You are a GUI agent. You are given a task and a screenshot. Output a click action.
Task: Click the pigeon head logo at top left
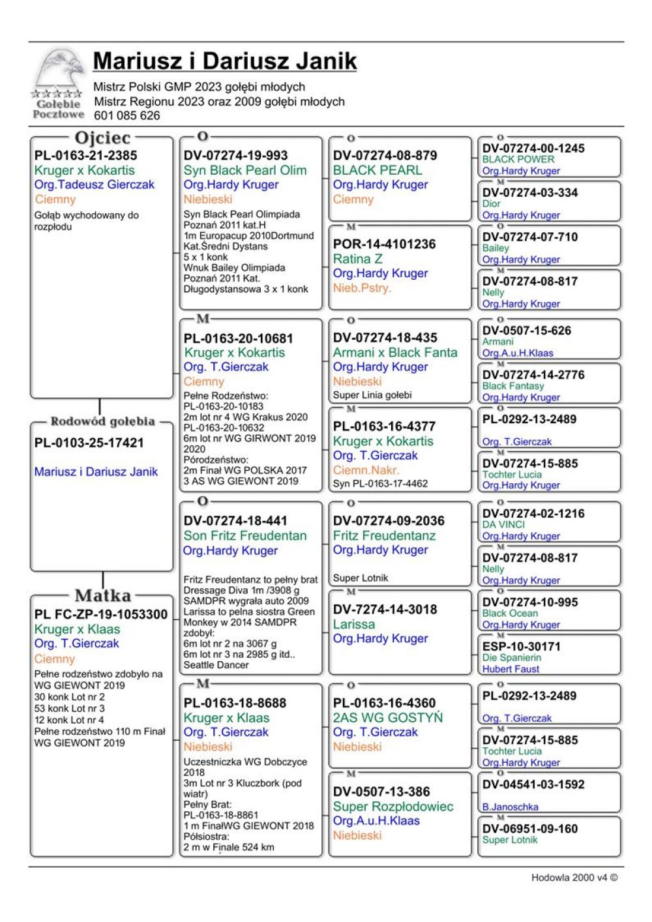tap(58, 72)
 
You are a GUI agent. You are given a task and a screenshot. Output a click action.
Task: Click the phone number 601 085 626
tap(126, 116)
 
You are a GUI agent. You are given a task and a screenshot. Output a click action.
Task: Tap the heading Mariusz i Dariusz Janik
tap(225, 61)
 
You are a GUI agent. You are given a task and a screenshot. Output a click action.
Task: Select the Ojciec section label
tap(102, 138)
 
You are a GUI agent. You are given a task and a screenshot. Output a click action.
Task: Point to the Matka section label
tap(102, 595)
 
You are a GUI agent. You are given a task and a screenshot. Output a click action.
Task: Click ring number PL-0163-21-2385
tap(85, 156)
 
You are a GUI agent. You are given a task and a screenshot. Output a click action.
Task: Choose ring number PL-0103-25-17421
tap(89, 443)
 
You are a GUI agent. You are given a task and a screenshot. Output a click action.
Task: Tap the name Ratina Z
tap(357, 259)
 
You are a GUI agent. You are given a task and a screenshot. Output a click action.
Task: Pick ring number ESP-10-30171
tap(521, 646)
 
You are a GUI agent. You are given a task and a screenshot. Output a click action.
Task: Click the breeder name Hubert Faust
tap(511, 669)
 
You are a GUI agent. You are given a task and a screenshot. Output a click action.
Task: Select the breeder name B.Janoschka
tap(510, 807)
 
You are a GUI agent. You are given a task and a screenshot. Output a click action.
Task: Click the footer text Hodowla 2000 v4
tap(574, 878)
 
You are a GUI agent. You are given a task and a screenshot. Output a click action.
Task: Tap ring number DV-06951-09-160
tap(529, 829)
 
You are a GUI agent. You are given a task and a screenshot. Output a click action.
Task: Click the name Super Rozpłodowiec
tap(393, 807)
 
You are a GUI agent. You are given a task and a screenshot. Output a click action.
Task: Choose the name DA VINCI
tap(503, 525)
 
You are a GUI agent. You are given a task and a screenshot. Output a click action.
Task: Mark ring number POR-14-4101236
tap(384, 245)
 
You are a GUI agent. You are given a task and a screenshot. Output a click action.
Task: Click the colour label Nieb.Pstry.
tap(362, 288)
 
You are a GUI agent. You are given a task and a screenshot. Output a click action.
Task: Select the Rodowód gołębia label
tap(102, 422)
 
